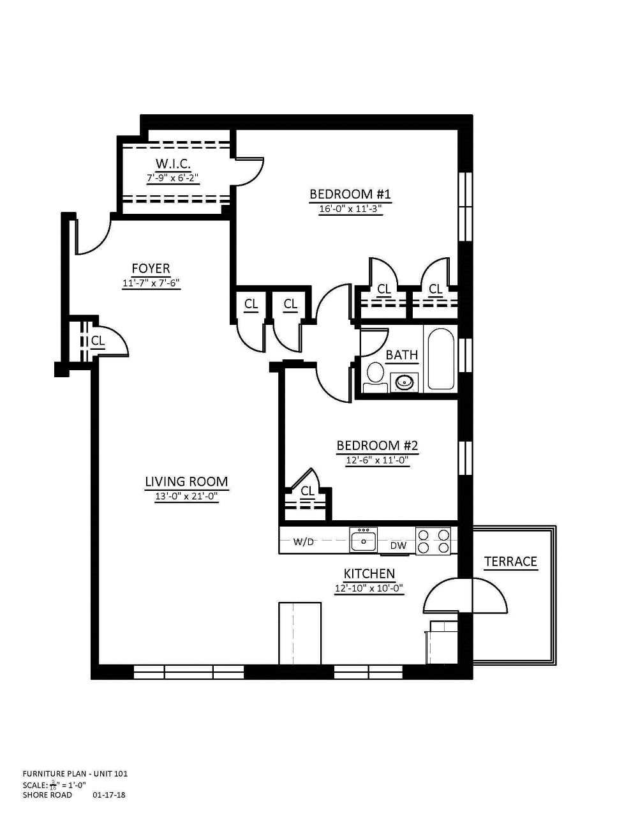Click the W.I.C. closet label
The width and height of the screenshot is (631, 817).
click(x=173, y=163)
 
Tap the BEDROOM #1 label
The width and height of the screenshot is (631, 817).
click(x=350, y=195)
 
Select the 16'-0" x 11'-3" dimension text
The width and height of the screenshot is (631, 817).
click(x=350, y=209)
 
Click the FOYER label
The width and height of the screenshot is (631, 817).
click(x=151, y=269)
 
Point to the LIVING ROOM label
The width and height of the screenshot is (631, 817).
click(x=186, y=482)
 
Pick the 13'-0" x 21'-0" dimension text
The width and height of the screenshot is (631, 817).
click(x=186, y=497)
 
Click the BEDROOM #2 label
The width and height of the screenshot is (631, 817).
click(x=377, y=446)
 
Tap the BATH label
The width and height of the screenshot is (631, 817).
click(x=402, y=354)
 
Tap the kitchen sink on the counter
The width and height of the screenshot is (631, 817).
click(x=364, y=539)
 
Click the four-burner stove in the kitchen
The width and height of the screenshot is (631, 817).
click(x=434, y=540)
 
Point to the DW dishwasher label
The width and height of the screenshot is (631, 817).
click(x=398, y=546)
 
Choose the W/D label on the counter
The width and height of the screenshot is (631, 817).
click(x=303, y=542)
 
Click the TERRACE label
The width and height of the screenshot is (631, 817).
click(x=510, y=561)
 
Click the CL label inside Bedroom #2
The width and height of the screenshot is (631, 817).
click(x=308, y=491)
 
